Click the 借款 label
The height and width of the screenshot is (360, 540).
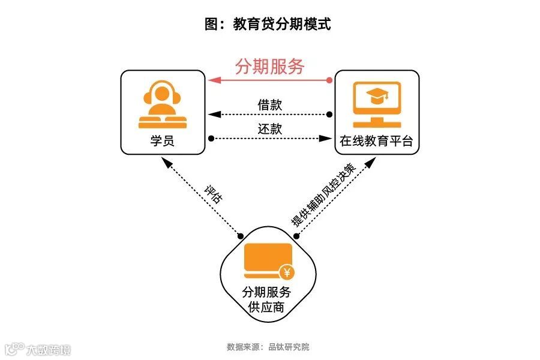[x=270, y=105]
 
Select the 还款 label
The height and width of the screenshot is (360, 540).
[x=270, y=129]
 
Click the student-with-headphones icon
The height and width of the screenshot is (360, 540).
[x=162, y=106]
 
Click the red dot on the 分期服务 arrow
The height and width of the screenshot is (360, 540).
[x=329, y=80]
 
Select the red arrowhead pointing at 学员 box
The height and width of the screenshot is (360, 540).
[x=211, y=80]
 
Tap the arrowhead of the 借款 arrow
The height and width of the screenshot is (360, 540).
[x=212, y=114]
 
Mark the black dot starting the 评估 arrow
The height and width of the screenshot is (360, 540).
[x=241, y=235]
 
